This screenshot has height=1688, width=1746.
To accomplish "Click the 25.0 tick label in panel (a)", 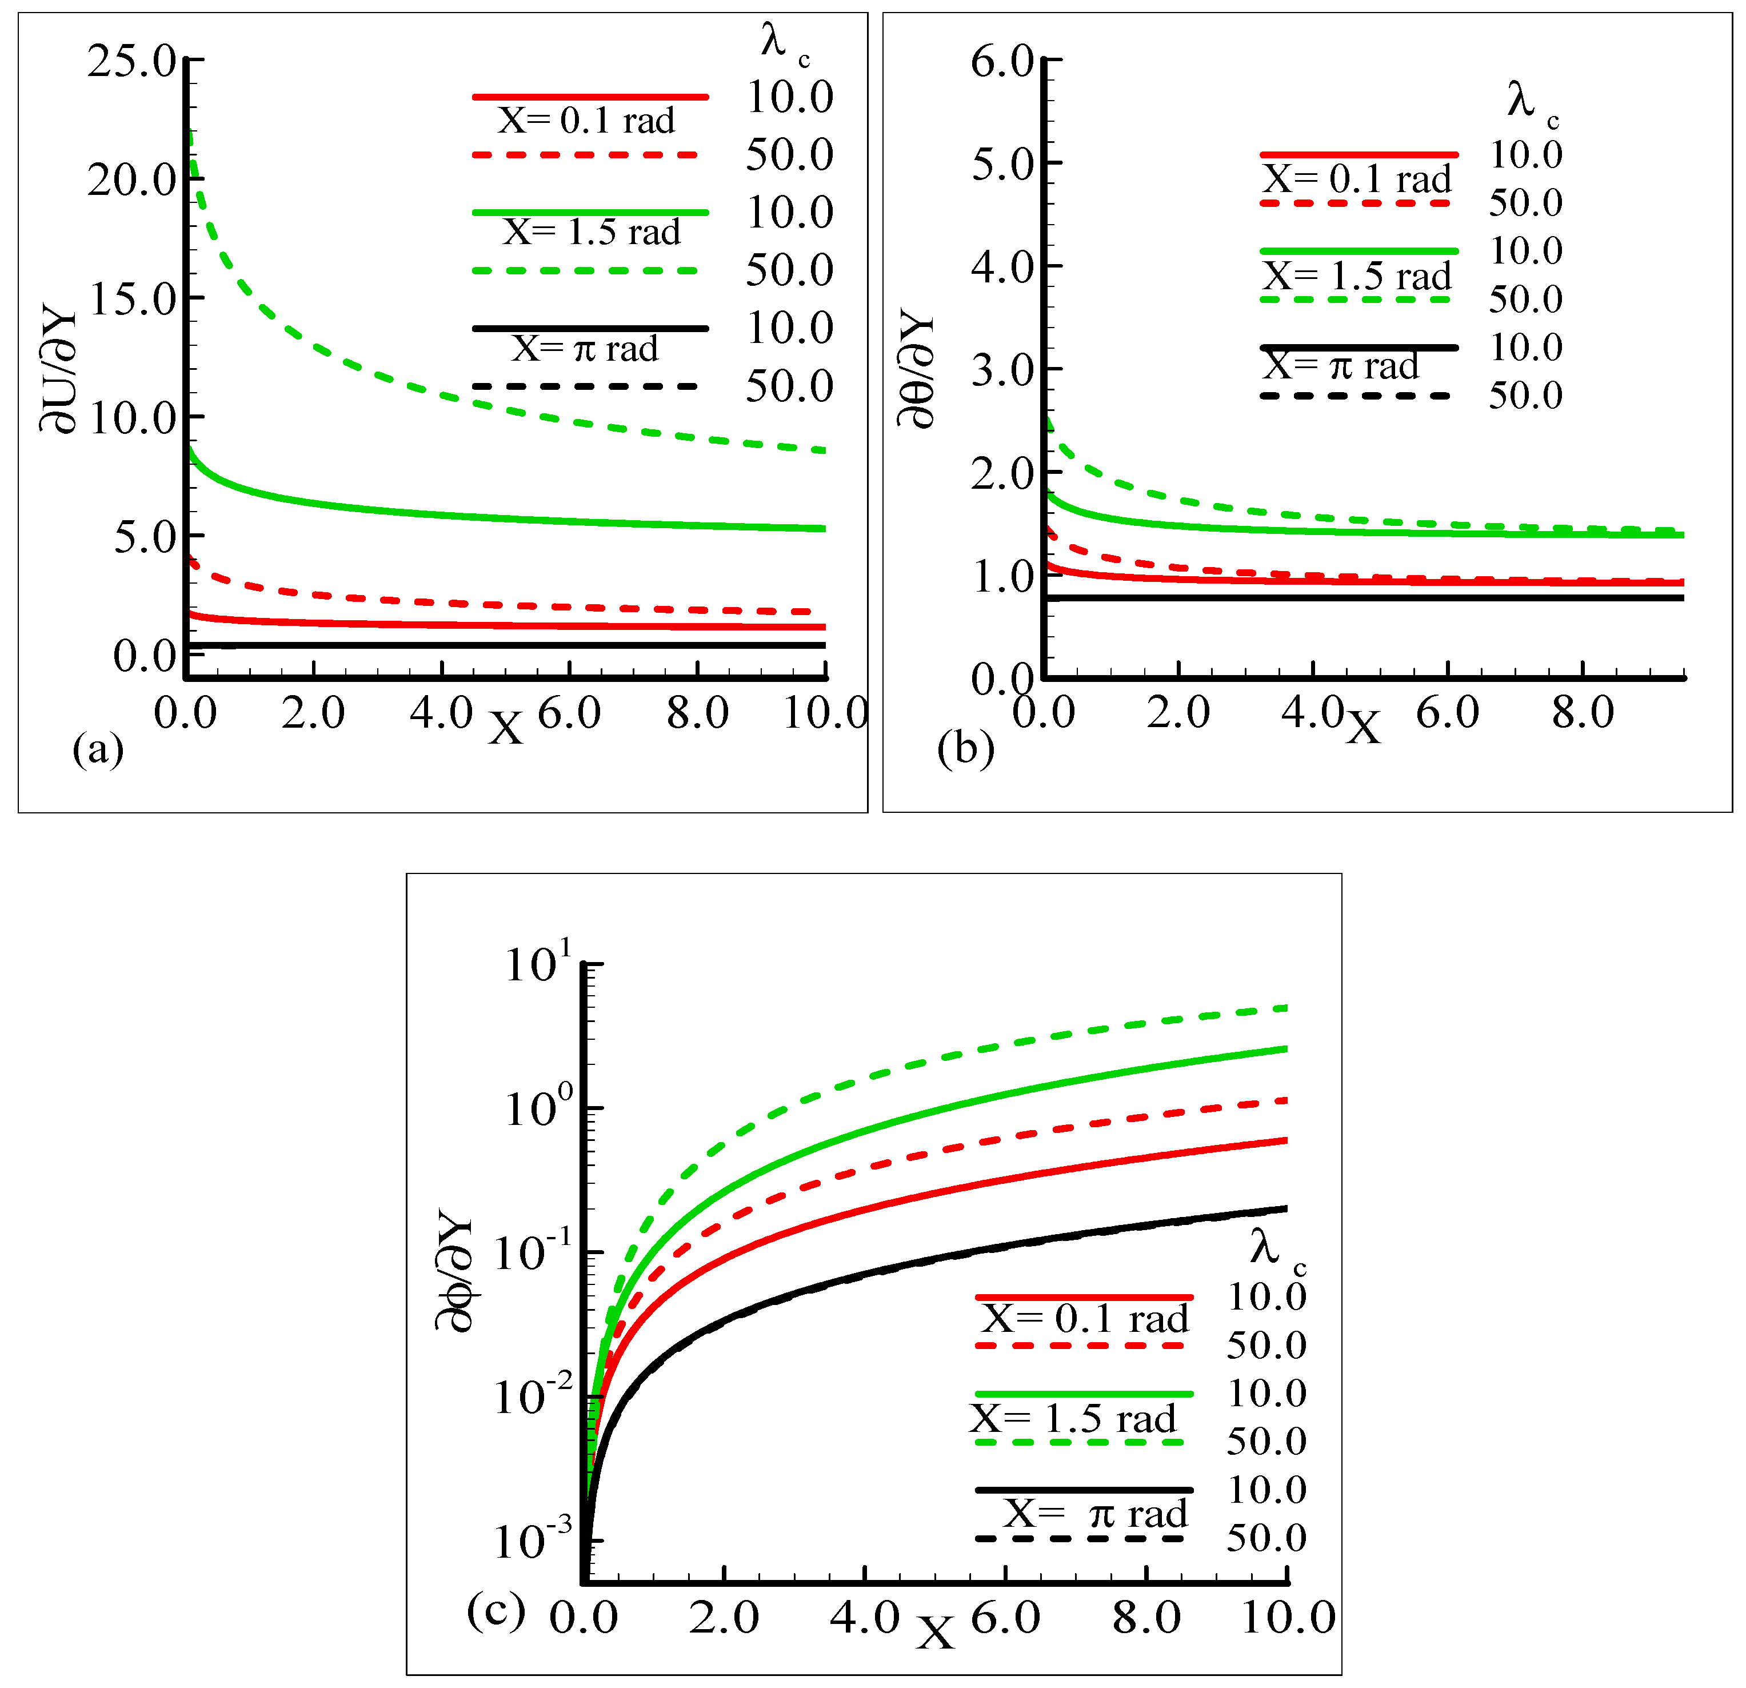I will [x=132, y=62].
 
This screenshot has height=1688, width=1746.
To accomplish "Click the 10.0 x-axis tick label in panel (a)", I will [x=825, y=713].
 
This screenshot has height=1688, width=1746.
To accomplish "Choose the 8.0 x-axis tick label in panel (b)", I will [x=1583, y=713].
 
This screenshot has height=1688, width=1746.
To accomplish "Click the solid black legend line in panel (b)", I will [x=1359, y=346].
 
